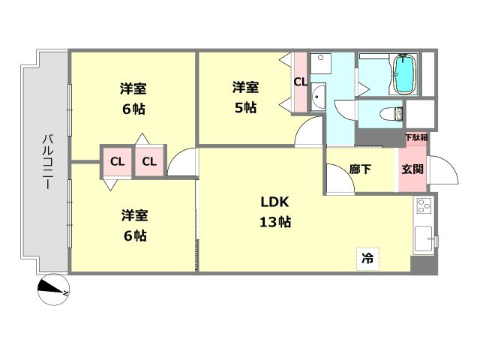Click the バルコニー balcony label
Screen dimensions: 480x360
48,162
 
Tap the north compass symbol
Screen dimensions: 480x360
53,289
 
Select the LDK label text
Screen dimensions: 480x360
274,202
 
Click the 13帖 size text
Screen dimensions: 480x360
275,222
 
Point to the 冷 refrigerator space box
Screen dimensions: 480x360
368,259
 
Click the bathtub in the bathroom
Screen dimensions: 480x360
405,74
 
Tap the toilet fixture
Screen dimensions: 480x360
391,114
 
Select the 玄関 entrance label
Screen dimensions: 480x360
412,169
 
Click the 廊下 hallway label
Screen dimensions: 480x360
360,169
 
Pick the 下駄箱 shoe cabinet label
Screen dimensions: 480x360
416,137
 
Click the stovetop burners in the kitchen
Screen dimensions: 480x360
424,205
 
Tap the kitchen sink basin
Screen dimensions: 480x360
423,238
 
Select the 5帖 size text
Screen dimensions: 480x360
245,108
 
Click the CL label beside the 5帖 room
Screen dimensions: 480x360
300,82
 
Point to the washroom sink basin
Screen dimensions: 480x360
318,97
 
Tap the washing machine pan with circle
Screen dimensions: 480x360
321,64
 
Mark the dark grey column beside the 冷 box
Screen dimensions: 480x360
424,265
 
